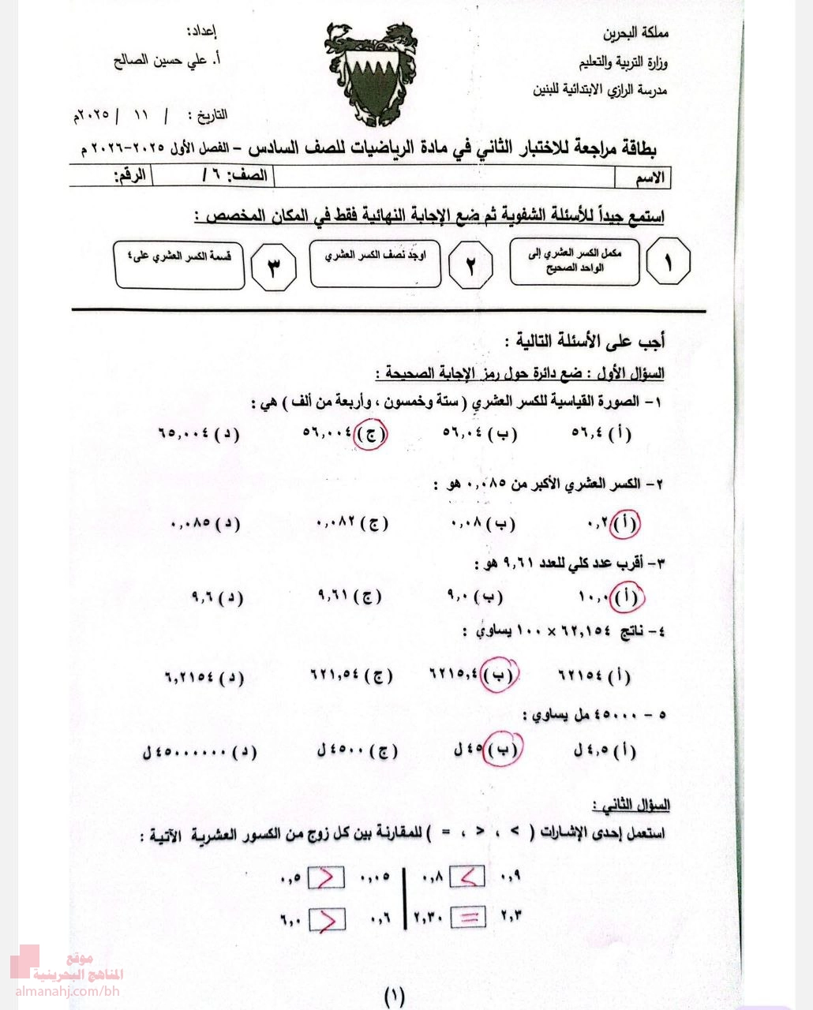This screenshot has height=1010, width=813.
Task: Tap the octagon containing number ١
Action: point(668,263)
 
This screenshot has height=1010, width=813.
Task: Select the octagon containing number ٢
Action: point(470,265)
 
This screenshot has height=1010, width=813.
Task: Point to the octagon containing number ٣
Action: point(273,266)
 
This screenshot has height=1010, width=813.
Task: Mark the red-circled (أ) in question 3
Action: point(628,597)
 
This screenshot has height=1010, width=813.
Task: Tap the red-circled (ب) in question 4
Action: point(500,675)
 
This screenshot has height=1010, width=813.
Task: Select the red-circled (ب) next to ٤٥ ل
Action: point(503,750)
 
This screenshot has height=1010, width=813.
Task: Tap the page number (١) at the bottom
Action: point(394,996)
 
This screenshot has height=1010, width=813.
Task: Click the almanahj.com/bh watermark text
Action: point(67,991)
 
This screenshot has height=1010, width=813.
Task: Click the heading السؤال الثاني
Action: point(631,806)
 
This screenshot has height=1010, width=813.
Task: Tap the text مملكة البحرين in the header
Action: point(635,34)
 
